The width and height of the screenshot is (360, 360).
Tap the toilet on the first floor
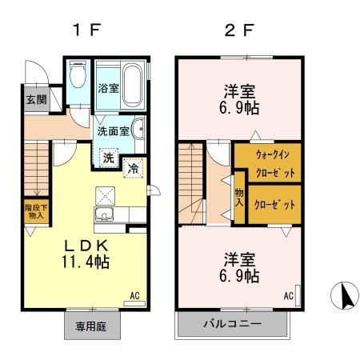click(x=78, y=76)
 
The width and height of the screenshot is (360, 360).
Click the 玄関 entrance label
click(x=35, y=100)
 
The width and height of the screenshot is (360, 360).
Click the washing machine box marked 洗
click(x=107, y=158)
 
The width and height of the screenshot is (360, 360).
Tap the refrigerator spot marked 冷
click(x=134, y=167)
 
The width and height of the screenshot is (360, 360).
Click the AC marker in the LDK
click(x=134, y=295)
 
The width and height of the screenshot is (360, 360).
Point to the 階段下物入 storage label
click(x=34, y=211)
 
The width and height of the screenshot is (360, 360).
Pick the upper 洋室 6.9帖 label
click(x=240, y=98)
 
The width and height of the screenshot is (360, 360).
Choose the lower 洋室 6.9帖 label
click(x=240, y=267)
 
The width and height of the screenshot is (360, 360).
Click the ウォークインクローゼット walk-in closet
click(x=267, y=163)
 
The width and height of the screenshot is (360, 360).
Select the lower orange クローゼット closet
click(x=274, y=204)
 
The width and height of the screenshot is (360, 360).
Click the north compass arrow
click(x=345, y=297)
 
